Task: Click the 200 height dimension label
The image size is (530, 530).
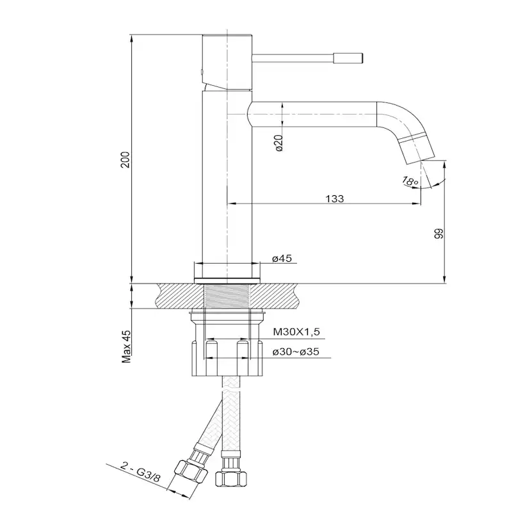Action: click(x=125, y=160)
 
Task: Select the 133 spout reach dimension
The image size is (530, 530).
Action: click(x=335, y=198)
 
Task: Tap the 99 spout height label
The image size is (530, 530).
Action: click(x=438, y=234)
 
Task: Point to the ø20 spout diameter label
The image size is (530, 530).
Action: click(x=279, y=143)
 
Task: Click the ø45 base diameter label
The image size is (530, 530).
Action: click(x=282, y=259)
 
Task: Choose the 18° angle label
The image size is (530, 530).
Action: click(x=410, y=181)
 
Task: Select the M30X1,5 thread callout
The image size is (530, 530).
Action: click(x=296, y=332)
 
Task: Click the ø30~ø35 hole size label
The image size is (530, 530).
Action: click(x=296, y=352)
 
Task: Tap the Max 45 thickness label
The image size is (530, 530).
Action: click(x=126, y=346)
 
